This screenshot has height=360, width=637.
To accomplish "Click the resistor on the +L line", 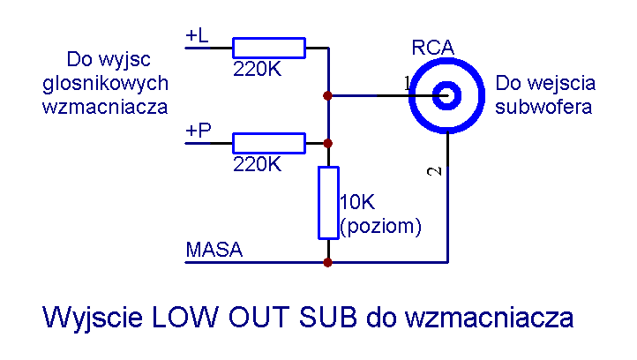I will (x=268, y=48).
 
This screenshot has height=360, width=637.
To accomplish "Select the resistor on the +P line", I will (x=268, y=143).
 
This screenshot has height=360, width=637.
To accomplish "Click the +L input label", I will (x=197, y=35).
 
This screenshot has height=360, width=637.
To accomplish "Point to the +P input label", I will (x=198, y=131).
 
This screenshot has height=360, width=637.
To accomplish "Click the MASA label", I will (x=214, y=250).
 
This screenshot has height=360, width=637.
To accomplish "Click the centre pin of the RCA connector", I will (x=447, y=94).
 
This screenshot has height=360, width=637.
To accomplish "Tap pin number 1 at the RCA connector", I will (x=408, y=83).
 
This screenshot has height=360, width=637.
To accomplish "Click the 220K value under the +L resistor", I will (x=257, y=69).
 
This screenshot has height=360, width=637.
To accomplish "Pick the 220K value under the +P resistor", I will (x=257, y=163).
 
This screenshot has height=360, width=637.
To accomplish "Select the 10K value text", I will (x=356, y=202).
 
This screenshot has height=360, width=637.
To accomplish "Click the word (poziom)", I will (x=381, y=225).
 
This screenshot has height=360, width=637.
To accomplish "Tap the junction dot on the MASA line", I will (x=328, y=262).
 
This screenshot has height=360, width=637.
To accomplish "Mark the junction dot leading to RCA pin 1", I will (x=328, y=94).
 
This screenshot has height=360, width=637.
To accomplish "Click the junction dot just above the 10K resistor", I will (x=328, y=143).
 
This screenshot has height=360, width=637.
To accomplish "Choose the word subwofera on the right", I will (x=543, y=108).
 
